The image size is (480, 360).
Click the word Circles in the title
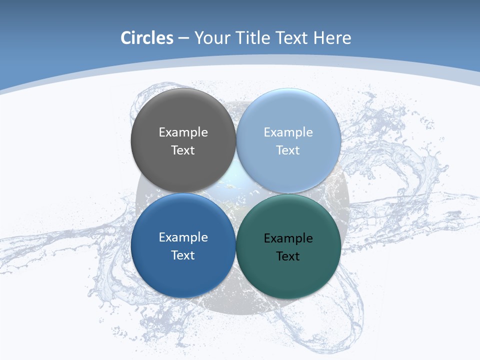(147, 38)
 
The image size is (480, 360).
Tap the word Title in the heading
(254, 38)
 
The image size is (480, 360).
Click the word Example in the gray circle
(183, 132)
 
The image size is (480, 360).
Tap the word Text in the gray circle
(183, 150)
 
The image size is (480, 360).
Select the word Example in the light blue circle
(288, 132)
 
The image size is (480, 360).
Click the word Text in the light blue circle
(288, 150)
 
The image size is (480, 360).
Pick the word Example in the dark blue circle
(183, 237)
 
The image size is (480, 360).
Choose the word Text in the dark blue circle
(183, 255)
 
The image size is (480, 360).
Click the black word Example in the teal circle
(288, 238)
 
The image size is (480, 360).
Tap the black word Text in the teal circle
(288, 256)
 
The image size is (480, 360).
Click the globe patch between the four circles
(235, 193)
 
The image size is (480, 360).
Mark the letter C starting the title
(126, 38)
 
